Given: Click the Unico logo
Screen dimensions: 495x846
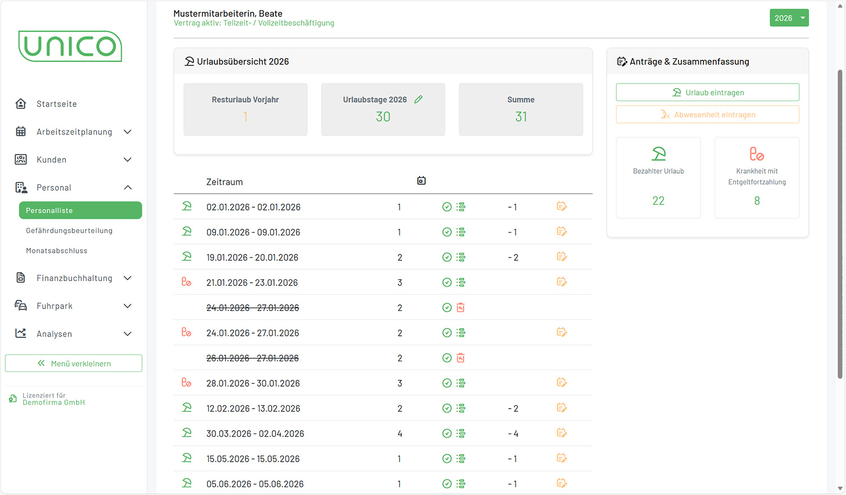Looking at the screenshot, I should point(70,46).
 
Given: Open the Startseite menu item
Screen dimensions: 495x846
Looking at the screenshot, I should point(56,104).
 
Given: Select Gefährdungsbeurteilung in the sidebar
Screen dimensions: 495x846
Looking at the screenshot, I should point(69,230).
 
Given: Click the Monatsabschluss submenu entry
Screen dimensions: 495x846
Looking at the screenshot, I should point(56,251).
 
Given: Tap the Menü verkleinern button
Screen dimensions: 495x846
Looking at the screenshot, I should point(73,363).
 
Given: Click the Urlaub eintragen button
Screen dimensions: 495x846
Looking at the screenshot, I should point(707,93).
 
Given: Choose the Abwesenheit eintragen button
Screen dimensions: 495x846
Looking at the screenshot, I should point(707,115).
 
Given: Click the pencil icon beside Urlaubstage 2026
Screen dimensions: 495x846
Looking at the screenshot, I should point(418,99).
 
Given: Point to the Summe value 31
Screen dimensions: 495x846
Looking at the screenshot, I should point(521,117).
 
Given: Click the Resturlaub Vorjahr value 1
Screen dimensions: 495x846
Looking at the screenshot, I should point(245,117).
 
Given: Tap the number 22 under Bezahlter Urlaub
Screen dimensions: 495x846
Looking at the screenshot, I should point(658,201).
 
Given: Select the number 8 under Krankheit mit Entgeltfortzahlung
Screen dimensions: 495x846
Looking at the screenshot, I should point(757,201).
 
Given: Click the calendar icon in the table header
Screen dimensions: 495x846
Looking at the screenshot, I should point(421,181).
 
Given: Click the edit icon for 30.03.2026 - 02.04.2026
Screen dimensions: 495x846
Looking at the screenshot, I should point(561,433).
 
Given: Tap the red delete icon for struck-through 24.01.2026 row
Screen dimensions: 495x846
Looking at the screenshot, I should point(461,308).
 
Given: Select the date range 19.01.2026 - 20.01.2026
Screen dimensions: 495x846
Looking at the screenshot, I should point(252,257).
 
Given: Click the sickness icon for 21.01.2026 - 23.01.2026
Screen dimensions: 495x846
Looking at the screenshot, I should point(186,282).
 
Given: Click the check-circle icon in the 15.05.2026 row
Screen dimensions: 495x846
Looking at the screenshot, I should point(447,459).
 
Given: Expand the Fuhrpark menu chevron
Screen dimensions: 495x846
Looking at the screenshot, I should point(127,306).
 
